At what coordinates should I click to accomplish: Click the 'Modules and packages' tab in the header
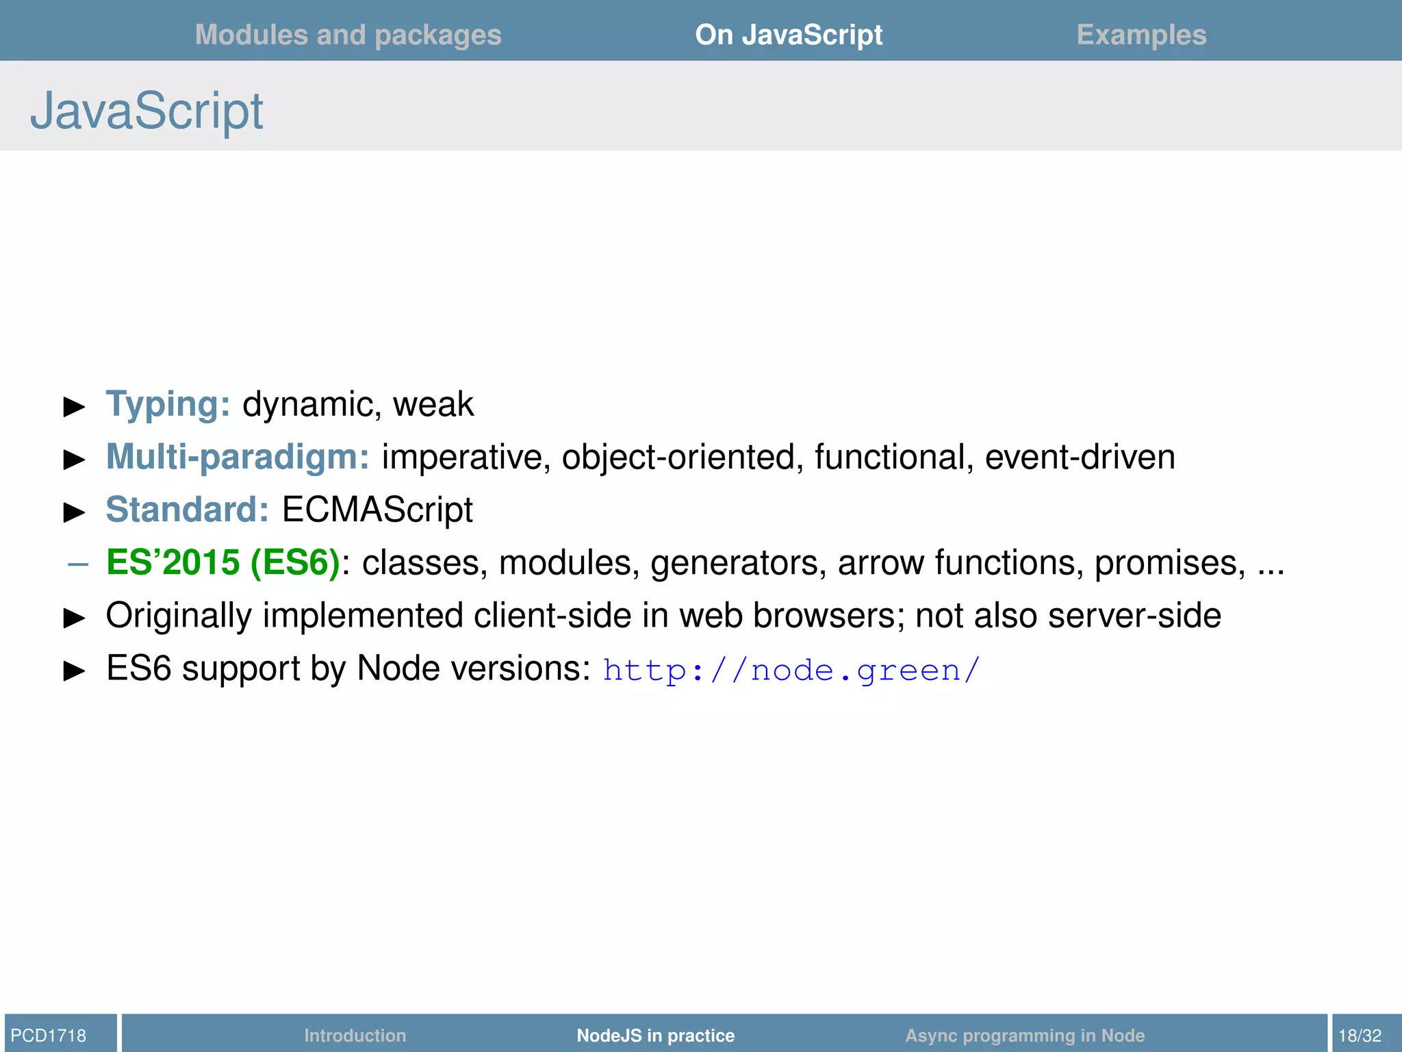[x=348, y=35]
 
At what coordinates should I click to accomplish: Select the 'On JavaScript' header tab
[x=789, y=35]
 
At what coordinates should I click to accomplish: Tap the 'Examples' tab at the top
[x=1141, y=35]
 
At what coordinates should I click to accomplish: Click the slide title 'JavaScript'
[x=146, y=111]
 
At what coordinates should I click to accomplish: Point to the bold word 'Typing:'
[x=168, y=404]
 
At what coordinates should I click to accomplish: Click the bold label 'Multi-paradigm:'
[x=238, y=457]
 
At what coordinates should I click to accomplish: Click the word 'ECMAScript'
[x=377, y=510]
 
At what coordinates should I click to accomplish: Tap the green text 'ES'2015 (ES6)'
[x=223, y=562]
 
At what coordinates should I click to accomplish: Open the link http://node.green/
[x=791, y=670]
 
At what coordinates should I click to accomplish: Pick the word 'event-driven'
[x=1080, y=457]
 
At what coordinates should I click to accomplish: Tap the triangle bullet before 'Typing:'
[x=74, y=406]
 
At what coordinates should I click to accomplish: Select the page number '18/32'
[x=1360, y=1036]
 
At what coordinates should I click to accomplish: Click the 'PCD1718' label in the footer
[x=49, y=1036]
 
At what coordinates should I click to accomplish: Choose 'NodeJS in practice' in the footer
[x=655, y=1036]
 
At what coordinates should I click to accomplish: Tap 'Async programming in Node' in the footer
[x=1025, y=1036]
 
